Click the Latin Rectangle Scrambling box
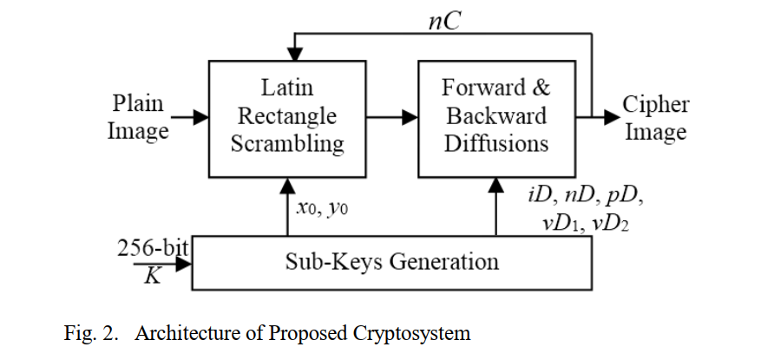tap(287, 116)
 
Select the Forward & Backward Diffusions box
tap(495, 116)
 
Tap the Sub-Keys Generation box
tap(391, 262)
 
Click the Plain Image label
tap(137, 117)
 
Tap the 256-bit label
tap(154, 247)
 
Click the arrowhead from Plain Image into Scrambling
tap(200, 117)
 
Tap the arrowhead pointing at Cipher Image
tap(611, 117)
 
